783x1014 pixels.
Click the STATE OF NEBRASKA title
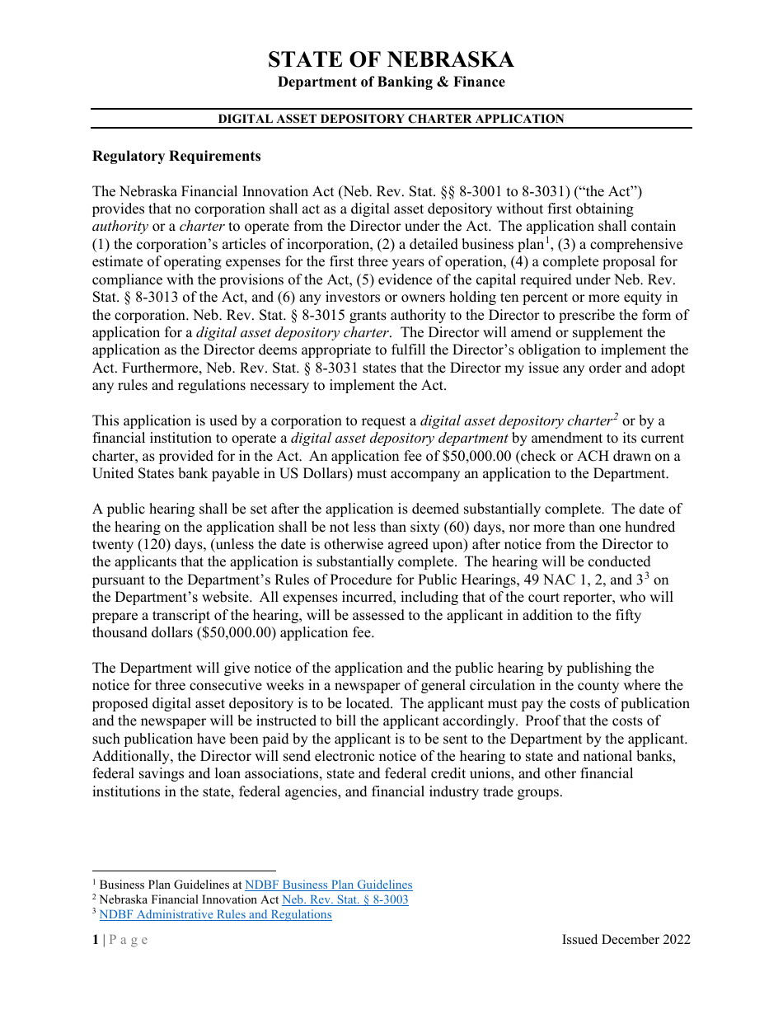pyautogui.click(x=391, y=59)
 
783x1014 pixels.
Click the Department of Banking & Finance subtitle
pyautogui.click(x=391, y=82)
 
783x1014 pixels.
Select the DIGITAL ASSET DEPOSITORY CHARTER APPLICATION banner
pyautogui.click(x=391, y=119)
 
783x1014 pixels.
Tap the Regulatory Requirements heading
pyautogui.click(x=176, y=156)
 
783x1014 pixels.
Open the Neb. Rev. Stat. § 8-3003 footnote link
pyautogui.click(x=345, y=899)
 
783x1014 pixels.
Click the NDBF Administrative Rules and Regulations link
pyautogui.click(x=215, y=914)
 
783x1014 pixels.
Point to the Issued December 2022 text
pyautogui.click(x=626, y=940)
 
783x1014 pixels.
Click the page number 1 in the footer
pyautogui.click(x=95, y=940)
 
